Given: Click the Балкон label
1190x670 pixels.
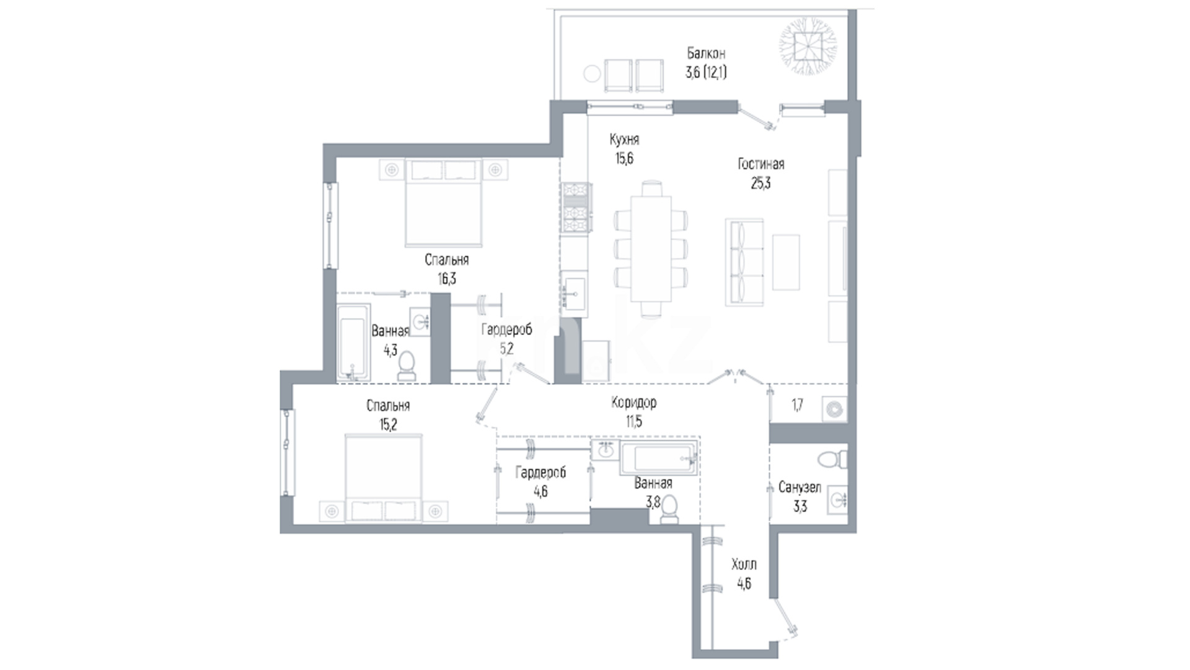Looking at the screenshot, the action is pyautogui.click(x=706, y=53).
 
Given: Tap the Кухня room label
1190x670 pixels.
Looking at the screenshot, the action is pyautogui.click(x=624, y=140).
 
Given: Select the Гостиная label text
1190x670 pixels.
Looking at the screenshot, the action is pyautogui.click(x=761, y=164).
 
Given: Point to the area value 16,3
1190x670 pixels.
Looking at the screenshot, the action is pyautogui.click(x=447, y=279).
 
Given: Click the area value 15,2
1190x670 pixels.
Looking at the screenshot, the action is pyautogui.click(x=388, y=425).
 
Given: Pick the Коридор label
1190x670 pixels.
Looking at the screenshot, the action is pyautogui.click(x=633, y=403).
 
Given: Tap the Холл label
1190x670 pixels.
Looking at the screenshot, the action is pyautogui.click(x=744, y=565).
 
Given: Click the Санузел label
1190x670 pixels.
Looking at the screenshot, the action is pyautogui.click(x=800, y=488).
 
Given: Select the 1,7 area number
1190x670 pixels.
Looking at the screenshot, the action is pyautogui.click(x=798, y=406).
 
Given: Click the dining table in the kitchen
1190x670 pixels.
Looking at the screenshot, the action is pyautogui.click(x=651, y=249).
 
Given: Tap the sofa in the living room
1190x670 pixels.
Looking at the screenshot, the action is pyautogui.click(x=744, y=262).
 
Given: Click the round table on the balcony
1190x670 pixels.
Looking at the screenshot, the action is pyautogui.click(x=592, y=74).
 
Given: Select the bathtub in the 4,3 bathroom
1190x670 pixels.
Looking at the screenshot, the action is pyautogui.click(x=353, y=342).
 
